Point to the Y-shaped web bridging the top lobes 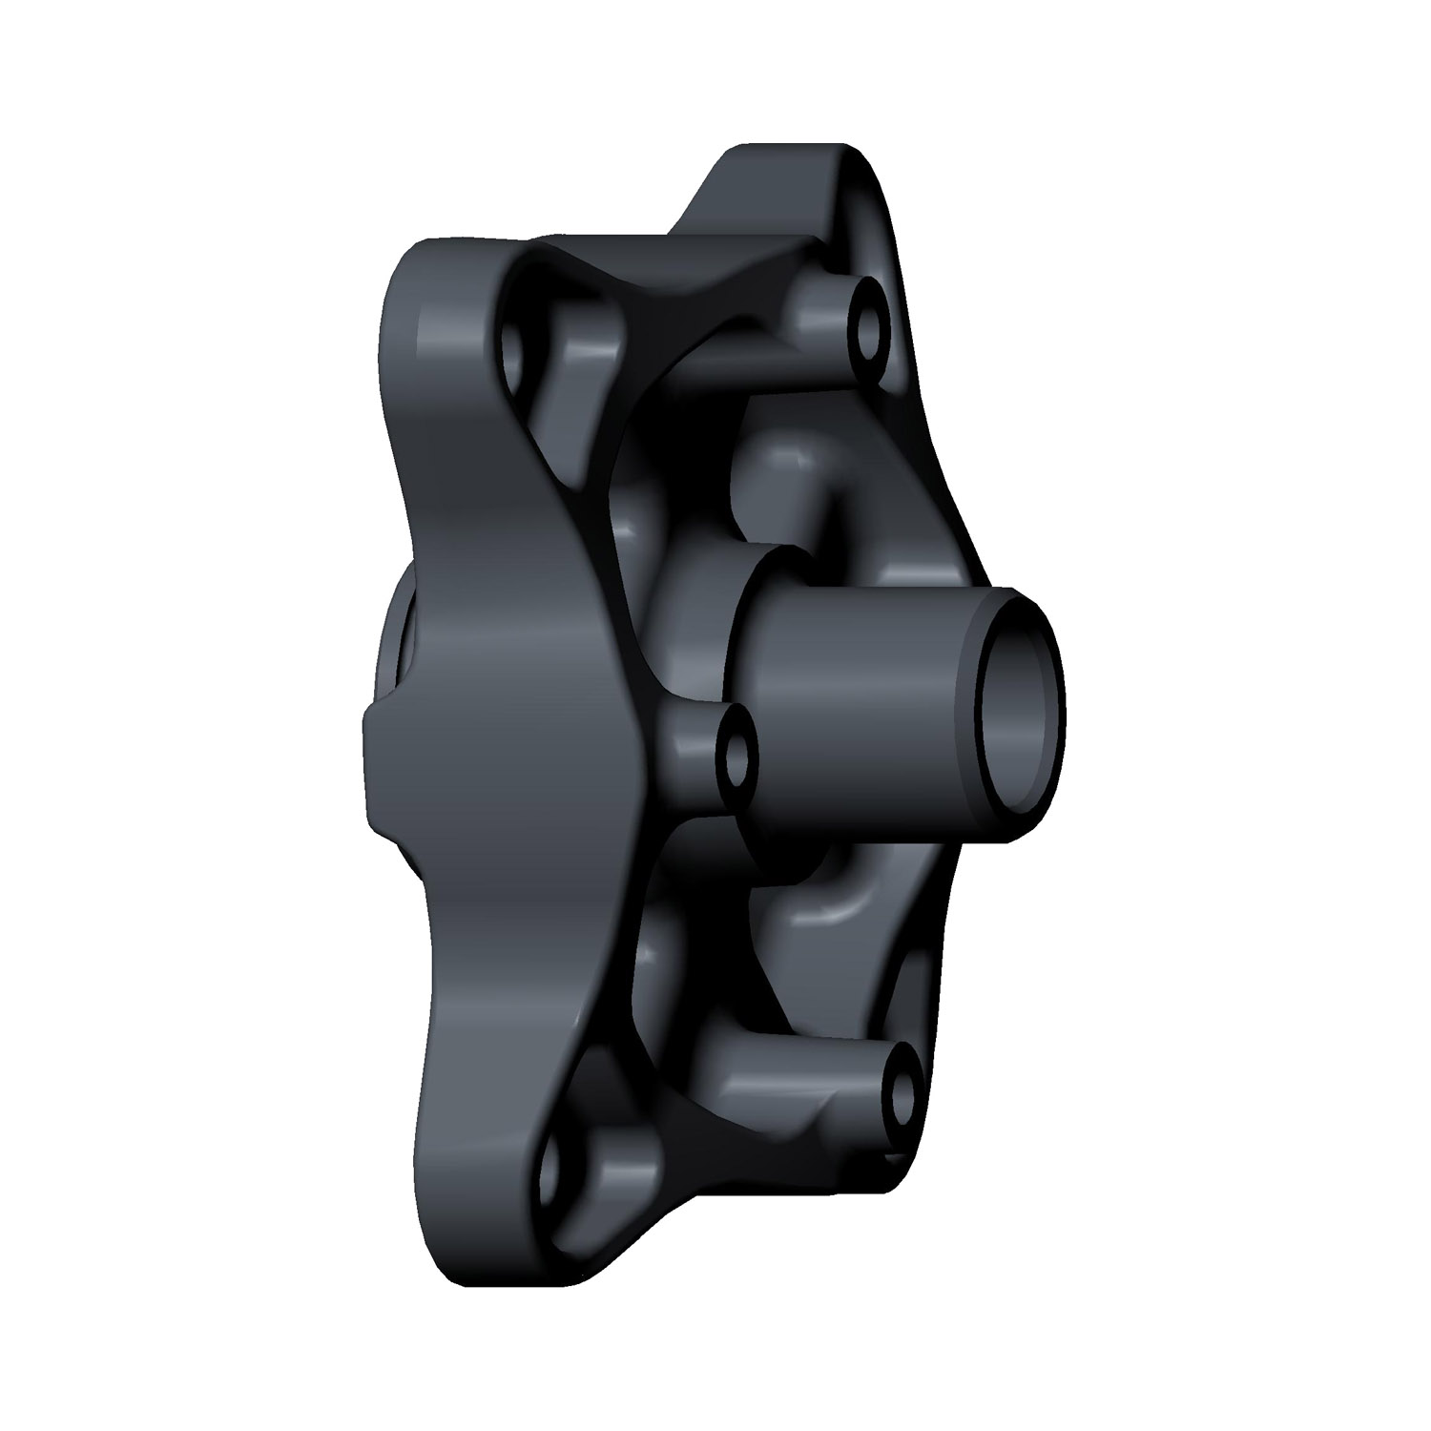click(668, 286)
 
